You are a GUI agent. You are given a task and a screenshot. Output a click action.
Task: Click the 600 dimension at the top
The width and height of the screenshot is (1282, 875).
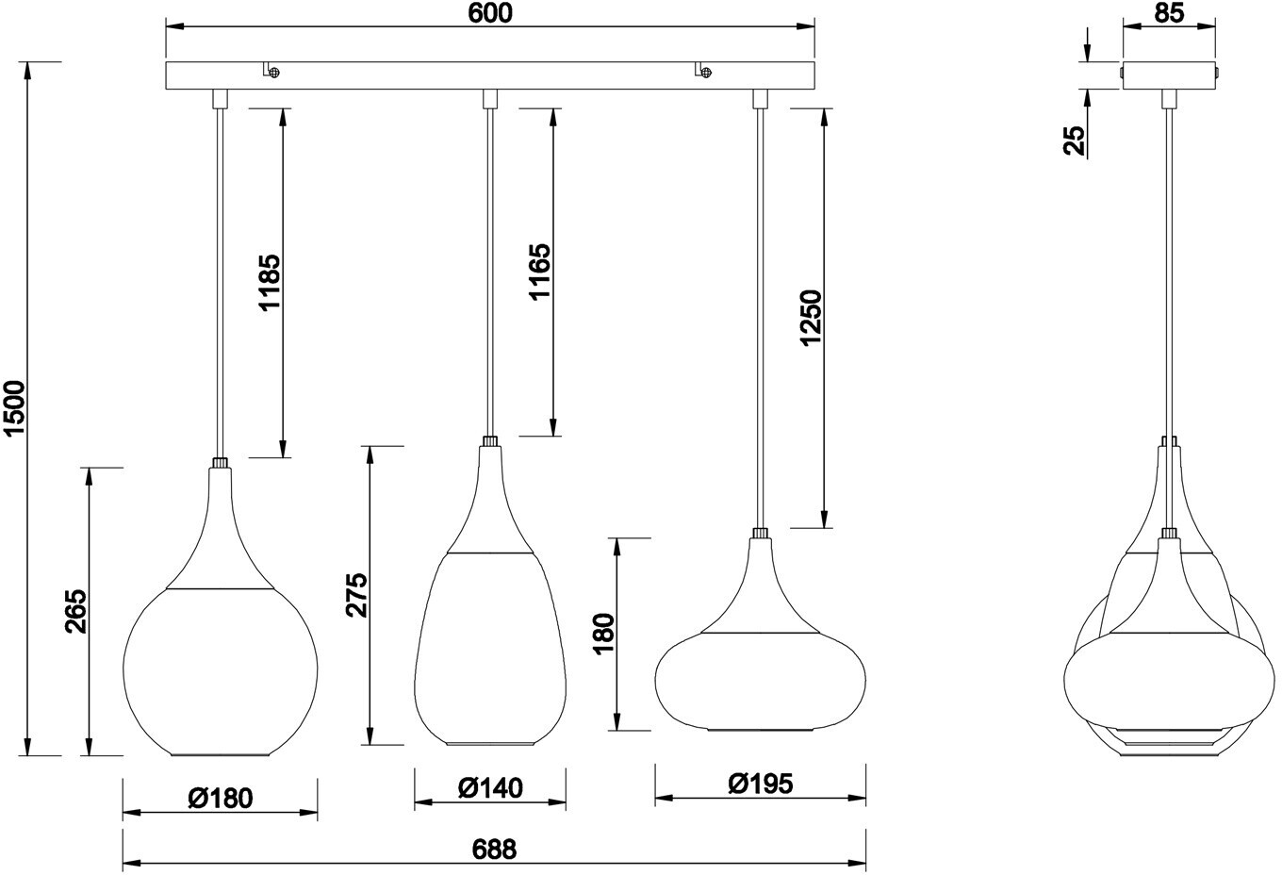(490, 13)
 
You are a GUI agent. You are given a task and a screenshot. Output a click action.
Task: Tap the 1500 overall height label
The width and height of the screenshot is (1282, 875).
(15, 407)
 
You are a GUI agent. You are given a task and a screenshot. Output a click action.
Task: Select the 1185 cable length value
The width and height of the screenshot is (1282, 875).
(270, 282)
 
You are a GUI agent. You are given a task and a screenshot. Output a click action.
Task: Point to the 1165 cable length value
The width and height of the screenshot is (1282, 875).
(539, 272)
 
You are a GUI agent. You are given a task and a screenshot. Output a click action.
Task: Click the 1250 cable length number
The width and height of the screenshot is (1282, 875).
(811, 318)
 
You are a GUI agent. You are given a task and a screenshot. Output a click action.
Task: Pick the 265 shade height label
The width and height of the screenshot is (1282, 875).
(75, 611)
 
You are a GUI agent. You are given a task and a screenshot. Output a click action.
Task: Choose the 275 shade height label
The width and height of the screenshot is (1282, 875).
(356, 595)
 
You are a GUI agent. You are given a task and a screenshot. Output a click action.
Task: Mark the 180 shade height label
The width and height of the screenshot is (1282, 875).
(603, 634)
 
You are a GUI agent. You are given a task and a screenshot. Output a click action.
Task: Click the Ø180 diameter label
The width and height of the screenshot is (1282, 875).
(221, 799)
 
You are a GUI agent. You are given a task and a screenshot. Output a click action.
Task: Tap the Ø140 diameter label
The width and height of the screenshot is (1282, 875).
(490, 788)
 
